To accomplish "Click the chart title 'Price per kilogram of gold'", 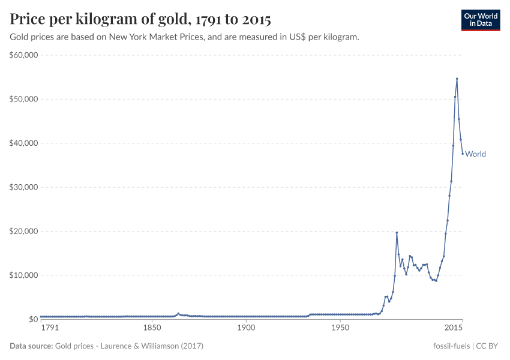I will (140, 20).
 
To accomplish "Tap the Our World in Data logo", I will (480, 20).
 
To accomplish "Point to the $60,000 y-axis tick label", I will (24, 55).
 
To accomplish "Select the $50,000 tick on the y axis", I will (24, 99).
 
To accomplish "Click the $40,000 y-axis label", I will (24, 143).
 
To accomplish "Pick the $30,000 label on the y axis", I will (24, 187).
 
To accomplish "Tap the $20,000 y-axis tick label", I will (24, 231).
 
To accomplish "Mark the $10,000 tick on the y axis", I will (24, 275).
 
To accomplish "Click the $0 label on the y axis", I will (32, 319).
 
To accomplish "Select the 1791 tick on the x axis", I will (50, 329).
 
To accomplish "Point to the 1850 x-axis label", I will (152, 329).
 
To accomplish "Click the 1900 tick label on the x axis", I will (246, 329).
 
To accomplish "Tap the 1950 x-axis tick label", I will (340, 329).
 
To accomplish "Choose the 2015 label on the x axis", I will (454, 329).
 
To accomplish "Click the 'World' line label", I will (475, 154).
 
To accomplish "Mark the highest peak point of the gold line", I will (457, 79).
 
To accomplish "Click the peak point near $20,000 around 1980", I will (397, 233).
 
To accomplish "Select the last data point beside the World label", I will (463, 154).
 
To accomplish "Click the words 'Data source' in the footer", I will (31, 346).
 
